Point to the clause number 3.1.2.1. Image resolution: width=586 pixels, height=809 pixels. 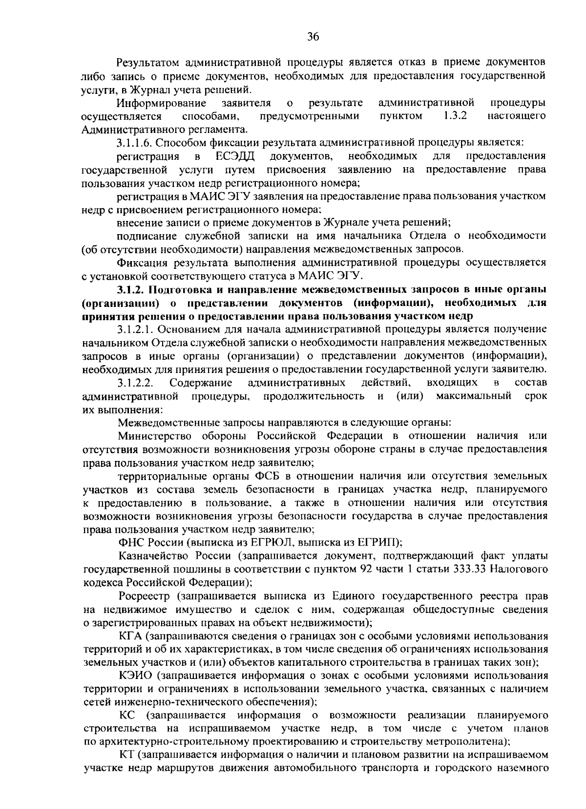click(136, 329)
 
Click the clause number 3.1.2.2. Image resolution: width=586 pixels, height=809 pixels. click(136, 382)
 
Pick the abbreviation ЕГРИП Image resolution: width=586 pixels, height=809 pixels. click(377, 542)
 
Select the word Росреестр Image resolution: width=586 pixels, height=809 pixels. click(145, 596)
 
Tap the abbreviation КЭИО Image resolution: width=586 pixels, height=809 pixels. click(136, 676)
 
